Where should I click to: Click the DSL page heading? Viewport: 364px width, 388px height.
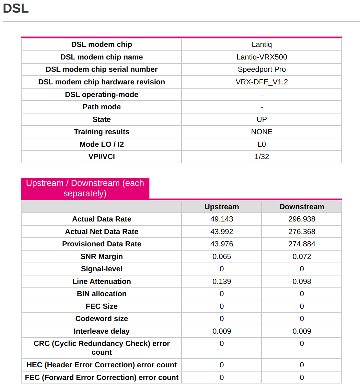[x=16, y=8]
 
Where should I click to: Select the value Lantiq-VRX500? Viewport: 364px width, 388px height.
[x=262, y=57]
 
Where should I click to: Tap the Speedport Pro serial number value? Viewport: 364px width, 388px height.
[x=262, y=70]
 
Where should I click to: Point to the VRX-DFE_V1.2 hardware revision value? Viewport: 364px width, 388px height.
[x=262, y=82]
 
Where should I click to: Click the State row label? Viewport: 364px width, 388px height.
[x=101, y=120]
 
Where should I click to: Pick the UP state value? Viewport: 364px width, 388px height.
[x=262, y=120]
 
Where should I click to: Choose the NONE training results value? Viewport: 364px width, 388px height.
[x=262, y=132]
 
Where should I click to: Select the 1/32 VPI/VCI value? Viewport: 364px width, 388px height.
[x=262, y=157]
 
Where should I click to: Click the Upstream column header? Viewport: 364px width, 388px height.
[x=221, y=207]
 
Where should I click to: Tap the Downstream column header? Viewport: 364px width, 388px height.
[x=301, y=207]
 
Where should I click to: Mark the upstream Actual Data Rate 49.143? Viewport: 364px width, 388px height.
[x=221, y=219]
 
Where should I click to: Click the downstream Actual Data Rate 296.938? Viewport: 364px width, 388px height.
[x=301, y=219]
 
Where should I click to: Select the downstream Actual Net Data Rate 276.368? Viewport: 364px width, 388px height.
[x=301, y=232]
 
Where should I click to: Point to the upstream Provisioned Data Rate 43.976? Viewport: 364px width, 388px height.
[x=221, y=244]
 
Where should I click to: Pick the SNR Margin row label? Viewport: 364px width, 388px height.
[x=101, y=257]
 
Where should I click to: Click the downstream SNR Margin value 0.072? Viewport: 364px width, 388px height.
[x=301, y=257]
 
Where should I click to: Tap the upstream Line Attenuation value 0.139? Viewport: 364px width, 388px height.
[x=221, y=282]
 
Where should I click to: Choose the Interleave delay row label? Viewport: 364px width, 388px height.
[x=101, y=331]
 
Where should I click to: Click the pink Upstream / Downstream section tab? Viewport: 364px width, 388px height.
[x=85, y=188]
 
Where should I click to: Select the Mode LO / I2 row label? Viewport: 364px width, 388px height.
[x=101, y=145]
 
